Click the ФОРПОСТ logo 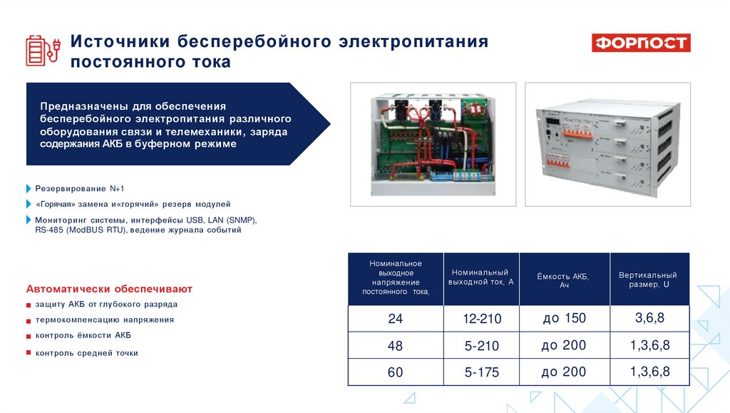[641, 43]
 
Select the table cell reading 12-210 [481, 319]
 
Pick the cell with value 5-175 [481, 372]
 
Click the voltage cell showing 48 [395, 346]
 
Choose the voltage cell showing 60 [395, 372]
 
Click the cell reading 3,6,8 [649, 318]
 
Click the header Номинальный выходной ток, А [481, 277]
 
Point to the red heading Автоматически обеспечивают [109, 290]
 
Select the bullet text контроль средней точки [86, 352]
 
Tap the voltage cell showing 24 [395, 319]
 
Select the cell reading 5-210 [481, 346]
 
